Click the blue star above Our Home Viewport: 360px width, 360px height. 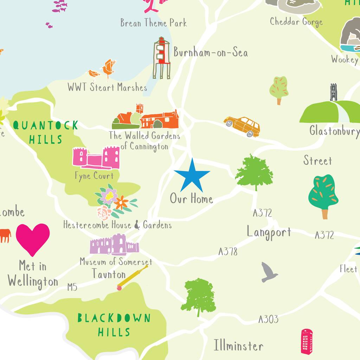click(x=192, y=175)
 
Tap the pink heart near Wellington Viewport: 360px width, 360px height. click(x=33, y=238)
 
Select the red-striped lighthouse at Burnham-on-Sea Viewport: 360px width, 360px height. click(x=162, y=58)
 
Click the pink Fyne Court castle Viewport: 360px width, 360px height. click(x=96, y=158)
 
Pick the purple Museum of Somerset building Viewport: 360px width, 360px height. click(x=114, y=245)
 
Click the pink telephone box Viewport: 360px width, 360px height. click(x=307, y=341)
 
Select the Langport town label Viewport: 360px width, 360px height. click(x=269, y=232)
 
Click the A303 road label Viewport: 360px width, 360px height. click(x=268, y=319)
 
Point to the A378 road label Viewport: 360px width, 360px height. click(x=228, y=251)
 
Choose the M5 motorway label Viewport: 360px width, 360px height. click(x=72, y=288)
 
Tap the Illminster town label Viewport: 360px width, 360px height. click(x=238, y=346)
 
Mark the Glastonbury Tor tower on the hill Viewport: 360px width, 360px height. click(x=333, y=92)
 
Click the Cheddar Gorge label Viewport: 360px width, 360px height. click(x=296, y=22)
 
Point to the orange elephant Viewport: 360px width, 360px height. click(x=5, y=235)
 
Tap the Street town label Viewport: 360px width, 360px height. click(x=317, y=161)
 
